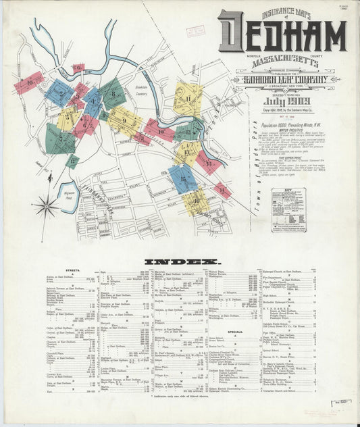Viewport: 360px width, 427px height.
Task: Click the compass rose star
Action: pyautogui.click(x=46, y=206)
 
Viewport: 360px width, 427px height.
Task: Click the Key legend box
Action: pyautogui.click(x=288, y=210)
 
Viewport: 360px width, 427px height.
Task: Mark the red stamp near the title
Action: pyautogui.click(x=195, y=30)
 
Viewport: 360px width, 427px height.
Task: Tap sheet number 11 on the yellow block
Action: pyautogui.click(x=188, y=99)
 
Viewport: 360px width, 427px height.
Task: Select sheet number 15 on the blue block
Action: pyautogui.click(x=182, y=178)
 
